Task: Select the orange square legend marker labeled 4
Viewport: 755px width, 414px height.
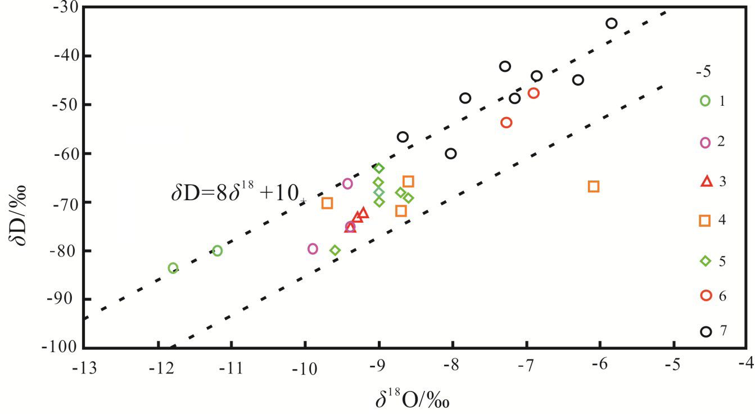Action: point(705,220)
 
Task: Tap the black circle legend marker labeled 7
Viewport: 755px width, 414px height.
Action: point(706,331)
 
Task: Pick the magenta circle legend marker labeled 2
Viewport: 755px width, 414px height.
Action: point(706,142)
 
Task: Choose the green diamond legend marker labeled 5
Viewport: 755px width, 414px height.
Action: point(705,260)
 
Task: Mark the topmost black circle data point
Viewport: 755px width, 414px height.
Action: point(612,24)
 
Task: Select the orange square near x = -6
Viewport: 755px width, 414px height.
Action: point(594,187)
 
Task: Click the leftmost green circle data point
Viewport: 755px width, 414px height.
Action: point(173,268)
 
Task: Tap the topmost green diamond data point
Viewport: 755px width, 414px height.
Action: point(379,168)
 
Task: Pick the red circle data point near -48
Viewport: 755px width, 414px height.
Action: point(534,93)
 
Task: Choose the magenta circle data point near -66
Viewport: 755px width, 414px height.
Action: point(347,183)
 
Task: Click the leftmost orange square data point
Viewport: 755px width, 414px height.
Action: point(327,203)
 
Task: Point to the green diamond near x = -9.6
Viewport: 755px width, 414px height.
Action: point(335,250)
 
